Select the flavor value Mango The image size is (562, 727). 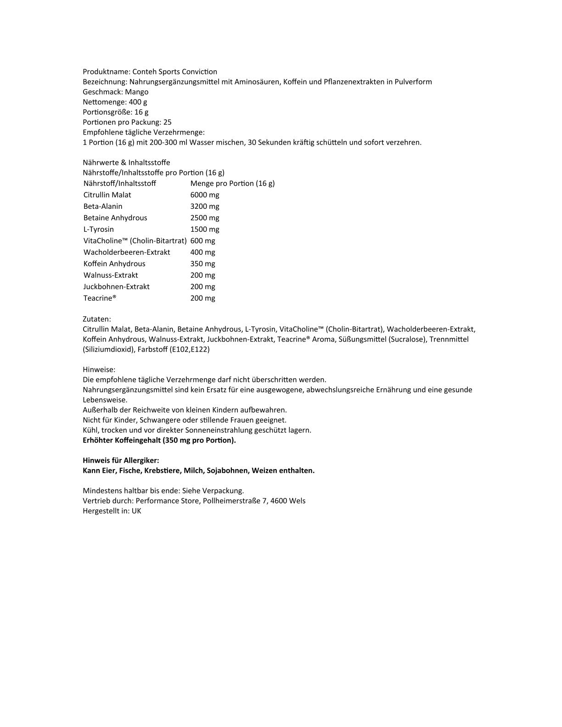click(x=137, y=92)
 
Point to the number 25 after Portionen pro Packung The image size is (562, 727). click(x=168, y=122)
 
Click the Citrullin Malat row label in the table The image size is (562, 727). click(x=107, y=195)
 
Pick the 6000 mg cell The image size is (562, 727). click(x=205, y=195)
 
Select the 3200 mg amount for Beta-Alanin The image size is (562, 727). click(x=205, y=207)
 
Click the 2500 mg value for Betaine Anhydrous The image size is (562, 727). click(x=205, y=218)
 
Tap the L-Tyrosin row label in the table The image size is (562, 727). click(x=99, y=229)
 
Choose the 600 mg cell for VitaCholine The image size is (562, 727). click(x=202, y=241)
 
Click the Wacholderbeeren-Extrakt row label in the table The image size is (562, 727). click(x=127, y=252)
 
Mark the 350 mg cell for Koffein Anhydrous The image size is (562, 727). click(x=202, y=264)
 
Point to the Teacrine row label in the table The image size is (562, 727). click(x=100, y=298)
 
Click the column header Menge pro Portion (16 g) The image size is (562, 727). click(x=232, y=184)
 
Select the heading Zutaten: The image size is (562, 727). click(x=97, y=319)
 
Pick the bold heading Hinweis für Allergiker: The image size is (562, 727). click(x=121, y=460)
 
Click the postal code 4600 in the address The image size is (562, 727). click(x=279, y=501)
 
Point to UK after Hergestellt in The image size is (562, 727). click(x=136, y=511)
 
